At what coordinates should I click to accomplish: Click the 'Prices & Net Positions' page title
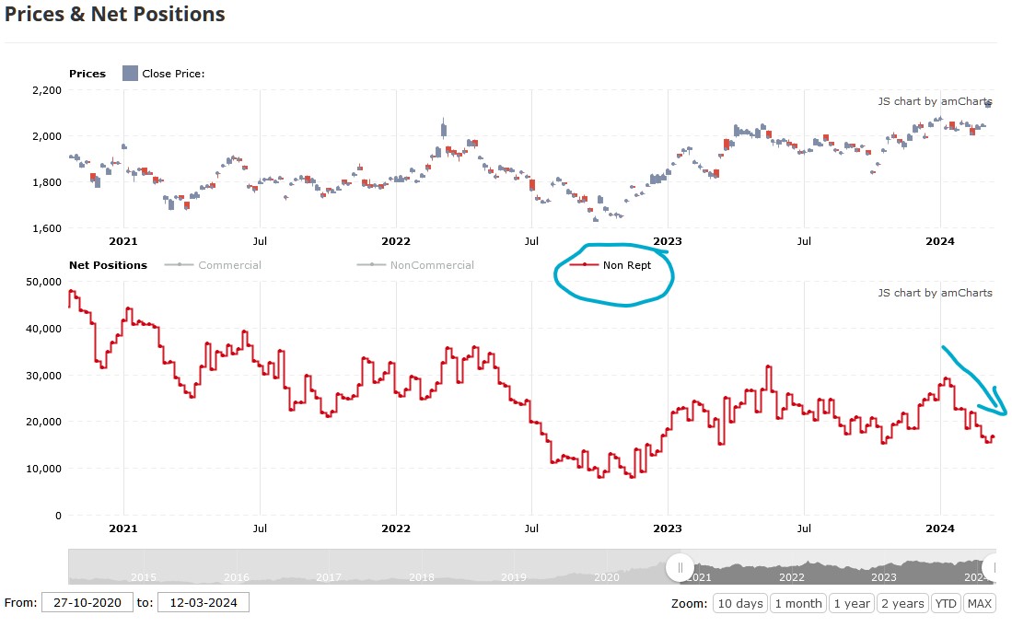[x=115, y=15]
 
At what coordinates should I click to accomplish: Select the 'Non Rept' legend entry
[x=626, y=265]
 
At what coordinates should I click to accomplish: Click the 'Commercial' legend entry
[x=229, y=265]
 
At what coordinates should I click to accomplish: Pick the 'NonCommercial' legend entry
[x=431, y=265]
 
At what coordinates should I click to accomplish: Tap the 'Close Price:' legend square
[x=130, y=74]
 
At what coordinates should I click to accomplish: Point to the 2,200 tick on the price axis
[x=46, y=90]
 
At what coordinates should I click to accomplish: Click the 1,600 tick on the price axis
[x=46, y=227]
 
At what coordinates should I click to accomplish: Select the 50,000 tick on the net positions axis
[x=44, y=281]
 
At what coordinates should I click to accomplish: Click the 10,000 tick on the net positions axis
[x=44, y=469]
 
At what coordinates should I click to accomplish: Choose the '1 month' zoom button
[x=797, y=603]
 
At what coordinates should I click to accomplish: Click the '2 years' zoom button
[x=901, y=603]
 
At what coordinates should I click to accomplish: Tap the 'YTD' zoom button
[x=945, y=603]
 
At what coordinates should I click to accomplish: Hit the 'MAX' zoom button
[x=979, y=603]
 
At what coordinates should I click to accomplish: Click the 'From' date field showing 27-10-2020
[x=86, y=603]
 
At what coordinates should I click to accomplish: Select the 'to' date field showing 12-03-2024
[x=203, y=603]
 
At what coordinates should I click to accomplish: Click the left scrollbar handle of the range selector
[x=680, y=567]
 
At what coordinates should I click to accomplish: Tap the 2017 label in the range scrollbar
[x=329, y=577]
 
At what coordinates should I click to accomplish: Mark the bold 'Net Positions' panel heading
[x=108, y=265]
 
